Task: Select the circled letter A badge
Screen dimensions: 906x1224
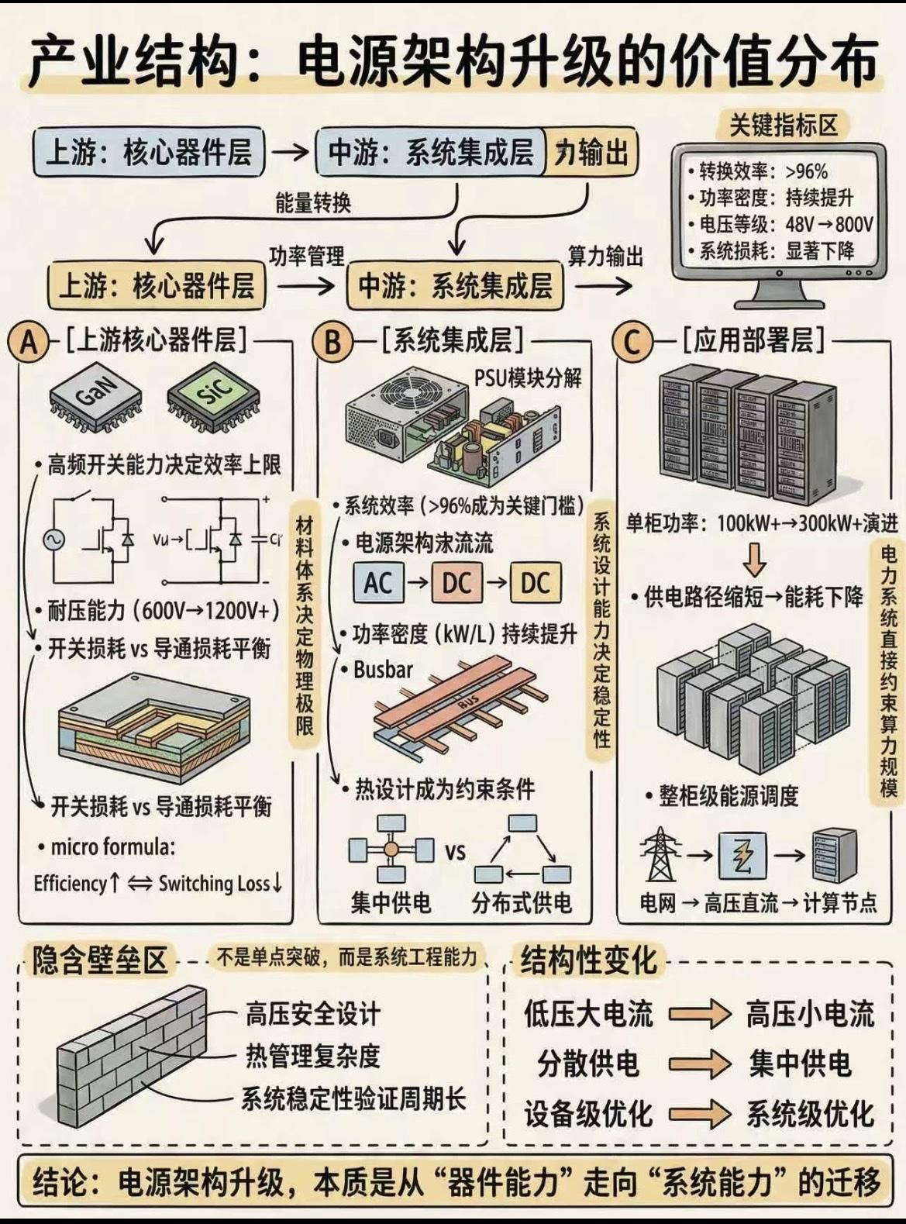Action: coord(29,342)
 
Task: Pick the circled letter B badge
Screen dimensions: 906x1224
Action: coord(332,342)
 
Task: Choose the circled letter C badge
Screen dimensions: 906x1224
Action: coord(632,342)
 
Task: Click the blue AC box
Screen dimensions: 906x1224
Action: coord(378,583)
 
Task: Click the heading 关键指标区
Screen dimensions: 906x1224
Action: coord(784,126)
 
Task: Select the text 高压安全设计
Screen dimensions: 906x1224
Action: coord(313,1014)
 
